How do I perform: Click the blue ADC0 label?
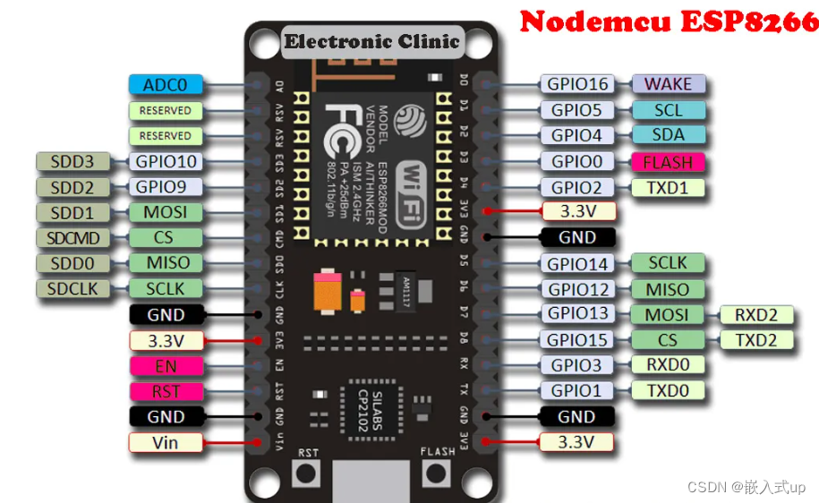coord(166,85)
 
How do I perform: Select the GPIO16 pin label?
coord(579,84)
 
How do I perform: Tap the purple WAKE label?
coord(669,84)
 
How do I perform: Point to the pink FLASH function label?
coord(668,162)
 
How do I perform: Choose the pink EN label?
coord(166,366)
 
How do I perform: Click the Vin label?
coord(166,442)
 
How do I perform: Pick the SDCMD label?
coord(73,238)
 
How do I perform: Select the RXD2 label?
coord(756,314)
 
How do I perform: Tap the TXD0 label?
coord(668,390)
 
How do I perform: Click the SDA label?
coord(669,135)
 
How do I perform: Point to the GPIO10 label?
coord(166,162)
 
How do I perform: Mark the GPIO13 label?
coord(579,313)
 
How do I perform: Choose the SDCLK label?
coord(73,289)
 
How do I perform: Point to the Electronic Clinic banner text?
coord(371,40)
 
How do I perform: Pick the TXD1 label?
coord(668,188)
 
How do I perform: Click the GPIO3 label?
coord(579,365)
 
